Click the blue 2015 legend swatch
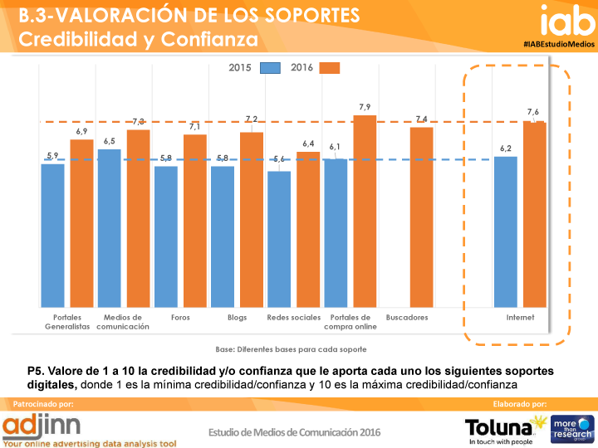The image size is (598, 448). click(270, 68)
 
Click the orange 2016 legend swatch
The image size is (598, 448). click(330, 68)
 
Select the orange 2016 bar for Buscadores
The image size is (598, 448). click(421, 217)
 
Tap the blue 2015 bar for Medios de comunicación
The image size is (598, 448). click(109, 228)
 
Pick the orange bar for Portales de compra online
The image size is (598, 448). click(365, 211)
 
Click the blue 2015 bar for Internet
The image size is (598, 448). click(506, 231)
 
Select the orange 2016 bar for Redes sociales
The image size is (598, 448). click(308, 229)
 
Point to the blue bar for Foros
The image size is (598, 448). click(166, 236)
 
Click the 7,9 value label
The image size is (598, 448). click(365, 107)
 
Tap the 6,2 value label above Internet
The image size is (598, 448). click(506, 149)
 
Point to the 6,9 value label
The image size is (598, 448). click(81, 131)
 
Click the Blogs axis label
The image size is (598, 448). click(238, 317)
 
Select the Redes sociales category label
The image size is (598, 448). click(294, 317)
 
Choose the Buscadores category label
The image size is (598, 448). click(407, 317)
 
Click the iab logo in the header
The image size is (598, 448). click(567, 20)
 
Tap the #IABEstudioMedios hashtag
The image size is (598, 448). click(559, 44)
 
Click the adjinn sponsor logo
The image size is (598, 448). click(42, 426)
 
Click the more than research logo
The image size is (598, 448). click(572, 429)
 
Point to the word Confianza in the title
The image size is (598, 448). click(209, 39)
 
